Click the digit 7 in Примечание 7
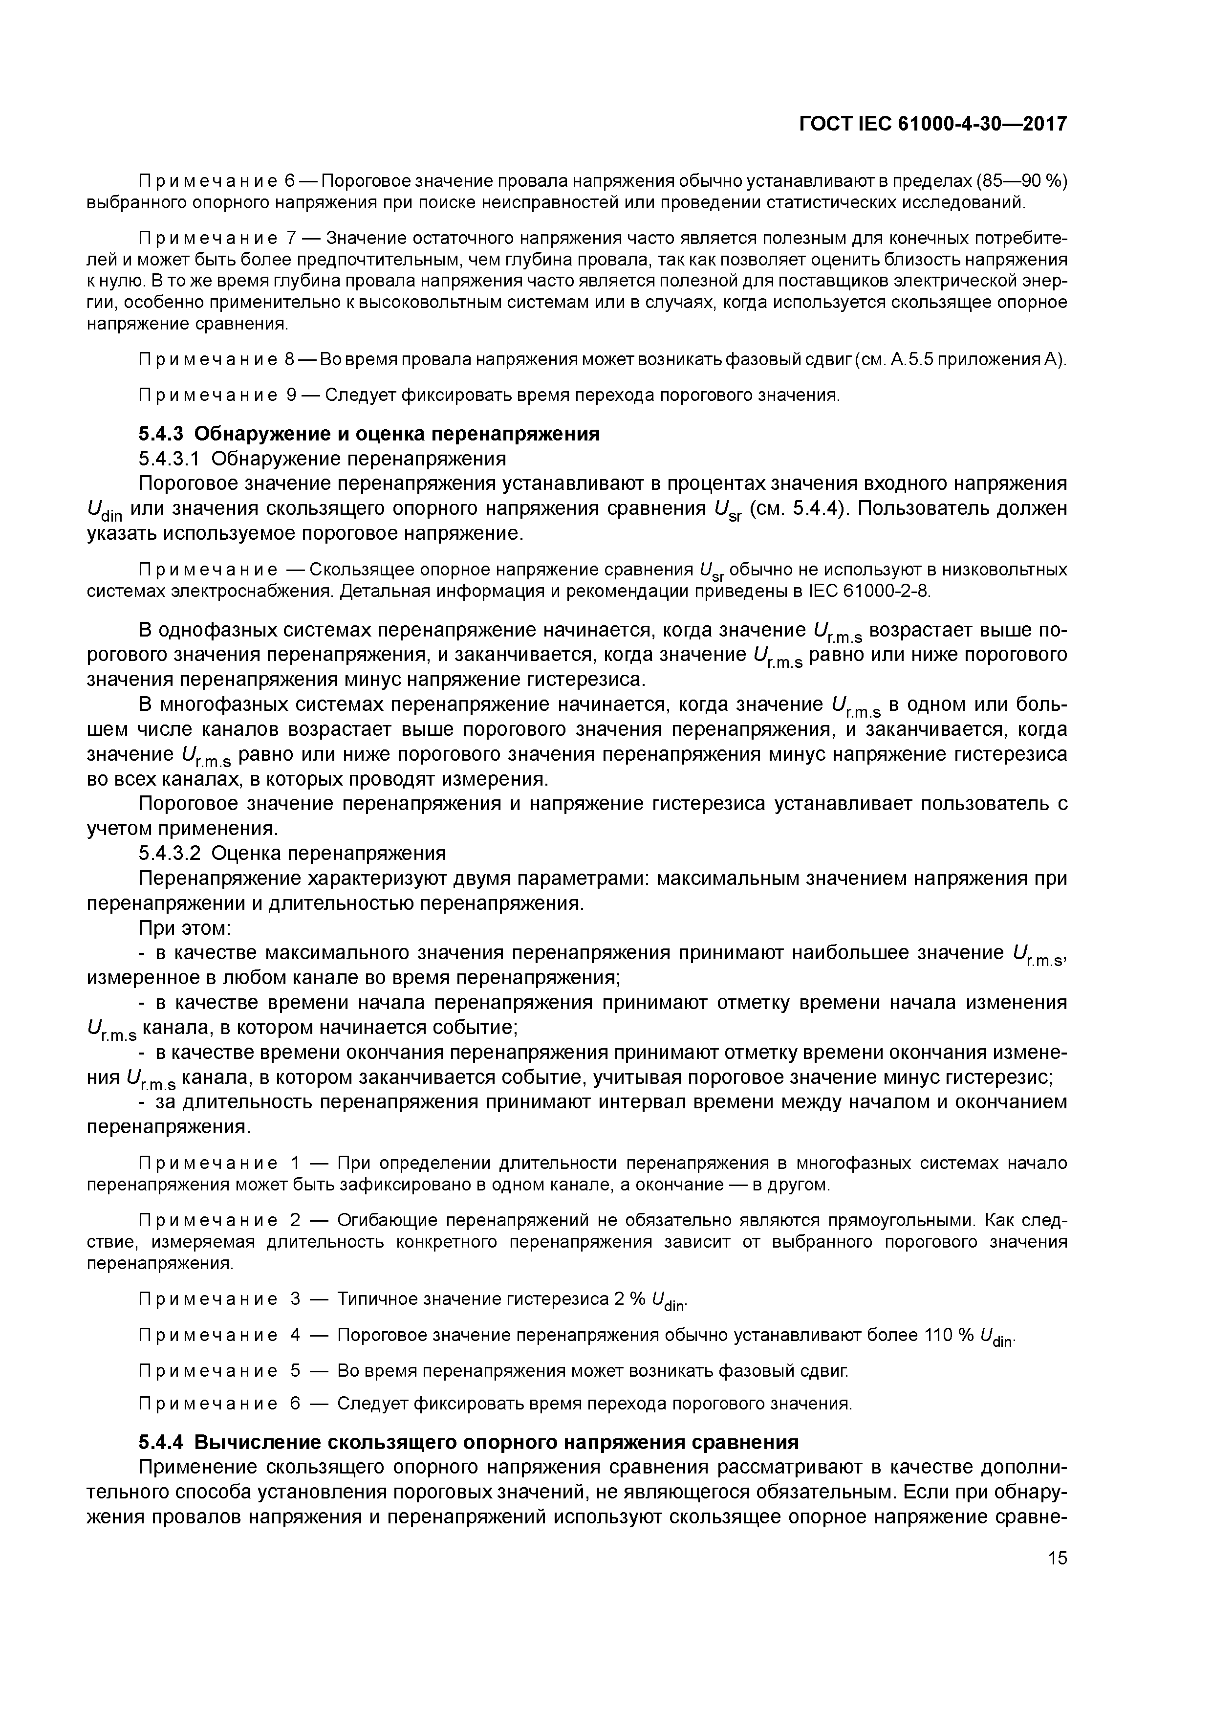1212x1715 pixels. coord(292,238)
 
